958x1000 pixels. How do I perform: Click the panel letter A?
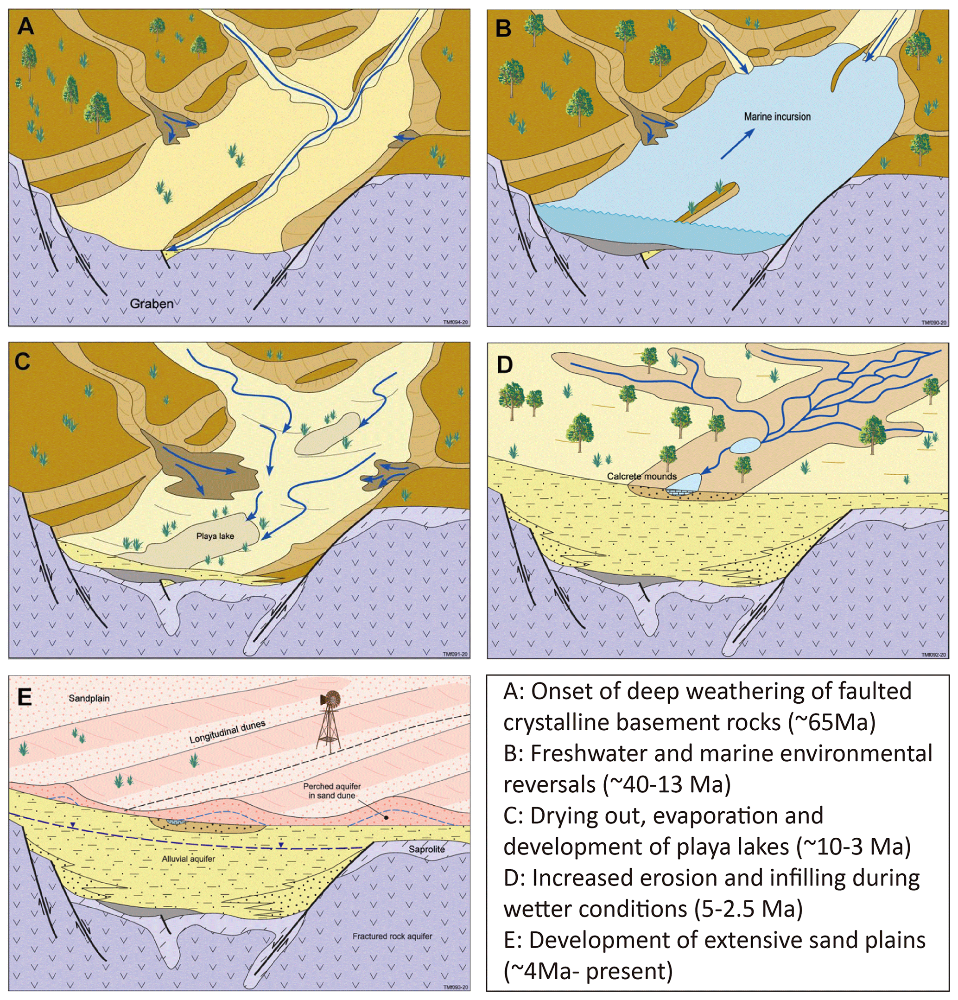tap(25, 26)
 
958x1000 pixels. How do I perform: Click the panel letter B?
tap(503, 29)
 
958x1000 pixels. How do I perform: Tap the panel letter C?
tap(22, 361)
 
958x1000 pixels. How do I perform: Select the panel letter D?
tap(505, 365)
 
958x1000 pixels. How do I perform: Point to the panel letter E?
tap(25, 697)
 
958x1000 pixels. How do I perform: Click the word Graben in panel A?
tap(152, 304)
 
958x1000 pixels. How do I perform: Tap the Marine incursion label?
tap(777, 117)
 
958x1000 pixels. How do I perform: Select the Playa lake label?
tap(215, 536)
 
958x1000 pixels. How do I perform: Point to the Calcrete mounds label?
tap(642, 477)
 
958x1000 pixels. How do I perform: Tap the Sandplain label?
tap(89, 698)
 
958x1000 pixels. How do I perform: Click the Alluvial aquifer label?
tap(188, 859)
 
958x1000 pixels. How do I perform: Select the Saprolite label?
tap(426, 849)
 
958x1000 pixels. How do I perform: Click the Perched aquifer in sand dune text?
tap(331, 790)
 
